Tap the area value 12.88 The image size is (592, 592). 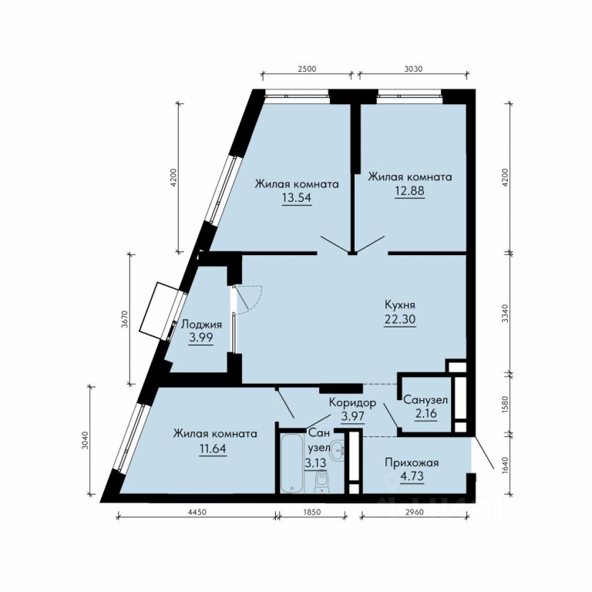(x=409, y=190)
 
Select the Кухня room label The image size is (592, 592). (x=400, y=304)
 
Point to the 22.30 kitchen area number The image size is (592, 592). (x=400, y=319)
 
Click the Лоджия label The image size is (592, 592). (x=201, y=325)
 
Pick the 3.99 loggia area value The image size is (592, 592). (x=201, y=338)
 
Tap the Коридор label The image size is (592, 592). (x=352, y=403)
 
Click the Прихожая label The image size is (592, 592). (x=412, y=462)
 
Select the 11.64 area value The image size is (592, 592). (x=213, y=449)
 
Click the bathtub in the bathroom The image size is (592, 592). (x=292, y=462)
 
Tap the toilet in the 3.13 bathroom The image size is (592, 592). (x=321, y=482)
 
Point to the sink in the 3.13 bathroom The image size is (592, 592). (x=337, y=450)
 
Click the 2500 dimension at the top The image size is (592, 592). (x=307, y=69)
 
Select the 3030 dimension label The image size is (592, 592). (x=413, y=69)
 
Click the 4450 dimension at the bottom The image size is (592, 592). (x=197, y=513)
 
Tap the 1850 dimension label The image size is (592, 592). (x=312, y=513)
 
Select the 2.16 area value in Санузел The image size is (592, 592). (x=426, y=413)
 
